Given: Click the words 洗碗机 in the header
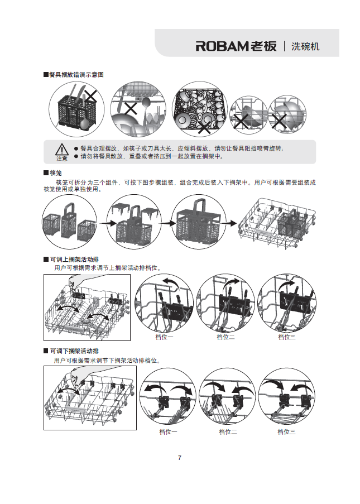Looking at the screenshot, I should tap(305, 46).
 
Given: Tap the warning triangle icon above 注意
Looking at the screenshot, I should tap(61, 149).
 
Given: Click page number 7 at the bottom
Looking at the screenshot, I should tap(179, 458).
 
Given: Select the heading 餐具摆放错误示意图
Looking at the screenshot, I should tap(76, 75).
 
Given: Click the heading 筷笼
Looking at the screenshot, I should tap(55, 174).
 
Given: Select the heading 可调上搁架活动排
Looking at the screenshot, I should tap(74, 260).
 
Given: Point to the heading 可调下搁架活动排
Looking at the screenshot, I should tap(74, 351).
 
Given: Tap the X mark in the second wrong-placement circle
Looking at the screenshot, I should tap(131, 108).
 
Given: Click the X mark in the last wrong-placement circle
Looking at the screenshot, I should tap(279, 119).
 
